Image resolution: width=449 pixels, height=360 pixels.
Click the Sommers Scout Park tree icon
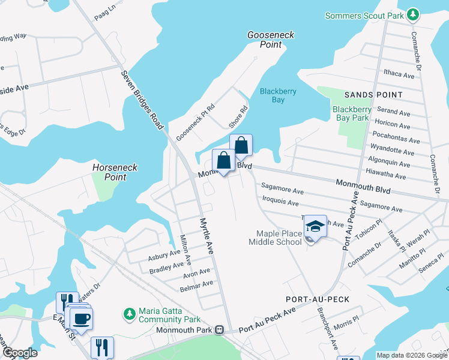(412, 14)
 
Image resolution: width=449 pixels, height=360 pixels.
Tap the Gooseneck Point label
(271, 40)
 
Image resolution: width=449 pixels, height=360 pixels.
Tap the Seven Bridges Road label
(142, 100)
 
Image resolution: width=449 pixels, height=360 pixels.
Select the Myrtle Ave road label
(206, 235)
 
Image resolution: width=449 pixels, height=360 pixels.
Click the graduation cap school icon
(315, 226)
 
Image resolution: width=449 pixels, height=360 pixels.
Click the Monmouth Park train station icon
(220, 330)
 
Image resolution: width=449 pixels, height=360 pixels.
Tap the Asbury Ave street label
(164, 256)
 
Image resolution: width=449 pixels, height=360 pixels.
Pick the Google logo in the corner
(19, 353)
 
